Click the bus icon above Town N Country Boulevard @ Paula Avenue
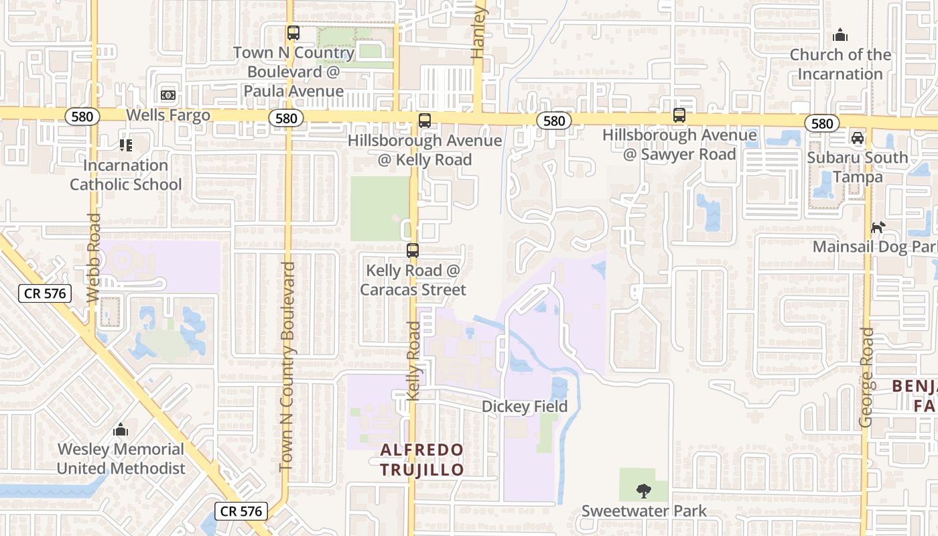293,32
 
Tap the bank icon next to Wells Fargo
167,95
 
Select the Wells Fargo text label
168,115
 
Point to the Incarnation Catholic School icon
125,145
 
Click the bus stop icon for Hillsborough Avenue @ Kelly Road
424,121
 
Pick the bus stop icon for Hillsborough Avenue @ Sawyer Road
679,115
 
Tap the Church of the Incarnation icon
840,35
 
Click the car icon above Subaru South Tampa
857,138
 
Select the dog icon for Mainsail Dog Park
878,227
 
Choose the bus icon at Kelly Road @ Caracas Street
413,251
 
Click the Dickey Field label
525,407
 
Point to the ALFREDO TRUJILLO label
422,460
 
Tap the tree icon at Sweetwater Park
644,490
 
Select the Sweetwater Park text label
644,511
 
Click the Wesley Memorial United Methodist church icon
121,429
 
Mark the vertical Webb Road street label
94,257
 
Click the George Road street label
866,377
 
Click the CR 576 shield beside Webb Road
44,293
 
